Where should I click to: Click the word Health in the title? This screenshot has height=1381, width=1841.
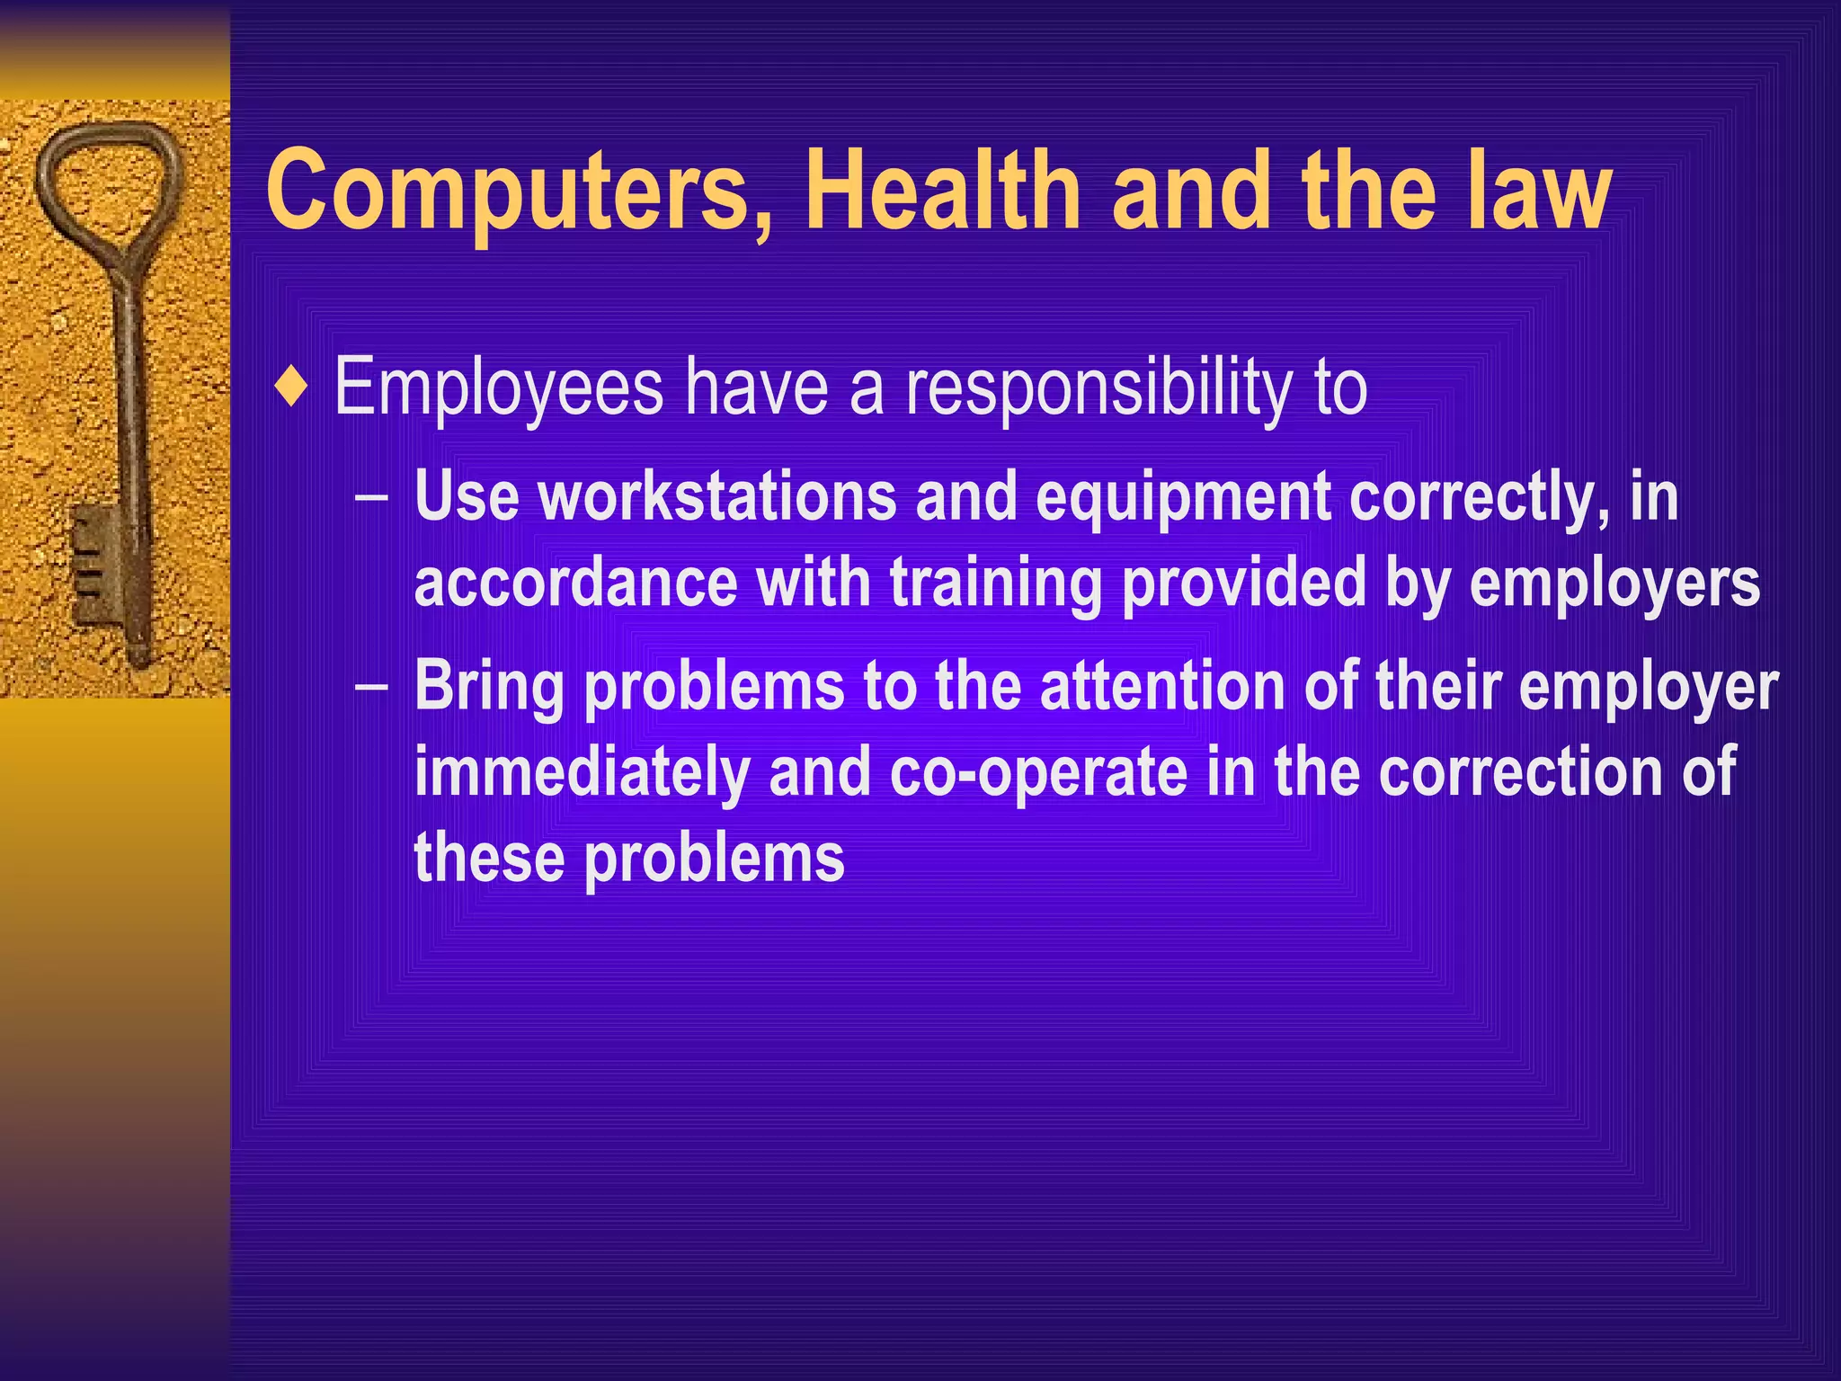pyautogui.click(x=942, y=191)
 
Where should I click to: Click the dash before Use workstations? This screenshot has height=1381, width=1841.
pyautogui.click(x=371, y=496)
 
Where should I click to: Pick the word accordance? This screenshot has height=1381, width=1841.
pyautogui.click(x=575, y=583)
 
